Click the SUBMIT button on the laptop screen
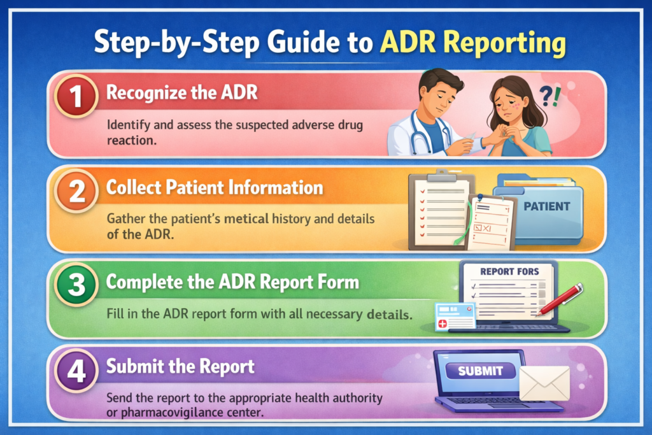(481, 371)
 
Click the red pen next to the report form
(560, 299)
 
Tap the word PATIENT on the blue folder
(547, 207)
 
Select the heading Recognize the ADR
(181, 92)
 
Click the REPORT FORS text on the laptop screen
(509, 271)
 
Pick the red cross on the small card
(441, 321)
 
